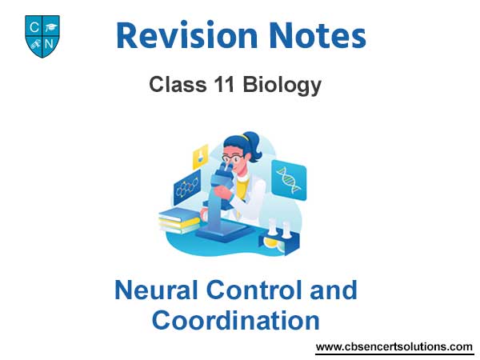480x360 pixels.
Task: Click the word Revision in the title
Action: [x=186, y=35]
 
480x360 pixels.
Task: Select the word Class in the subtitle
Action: [x=178, y=84]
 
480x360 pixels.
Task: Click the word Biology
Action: [x=282, y=85]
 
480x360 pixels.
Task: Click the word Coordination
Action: [x=236, y=320]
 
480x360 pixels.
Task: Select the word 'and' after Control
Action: [x=334, y=290]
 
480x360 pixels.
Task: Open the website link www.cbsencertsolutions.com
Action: [x=394, y=347]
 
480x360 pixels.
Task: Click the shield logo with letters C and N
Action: [x=42, y=36]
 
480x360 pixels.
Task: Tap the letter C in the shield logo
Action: [x=34, y=27]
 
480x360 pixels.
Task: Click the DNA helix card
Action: [x=289, y=180]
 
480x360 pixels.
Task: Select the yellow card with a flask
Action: [x=200, y=157]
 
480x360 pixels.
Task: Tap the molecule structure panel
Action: [x=187, y=187]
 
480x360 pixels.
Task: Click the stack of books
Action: [x=179, y=220]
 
